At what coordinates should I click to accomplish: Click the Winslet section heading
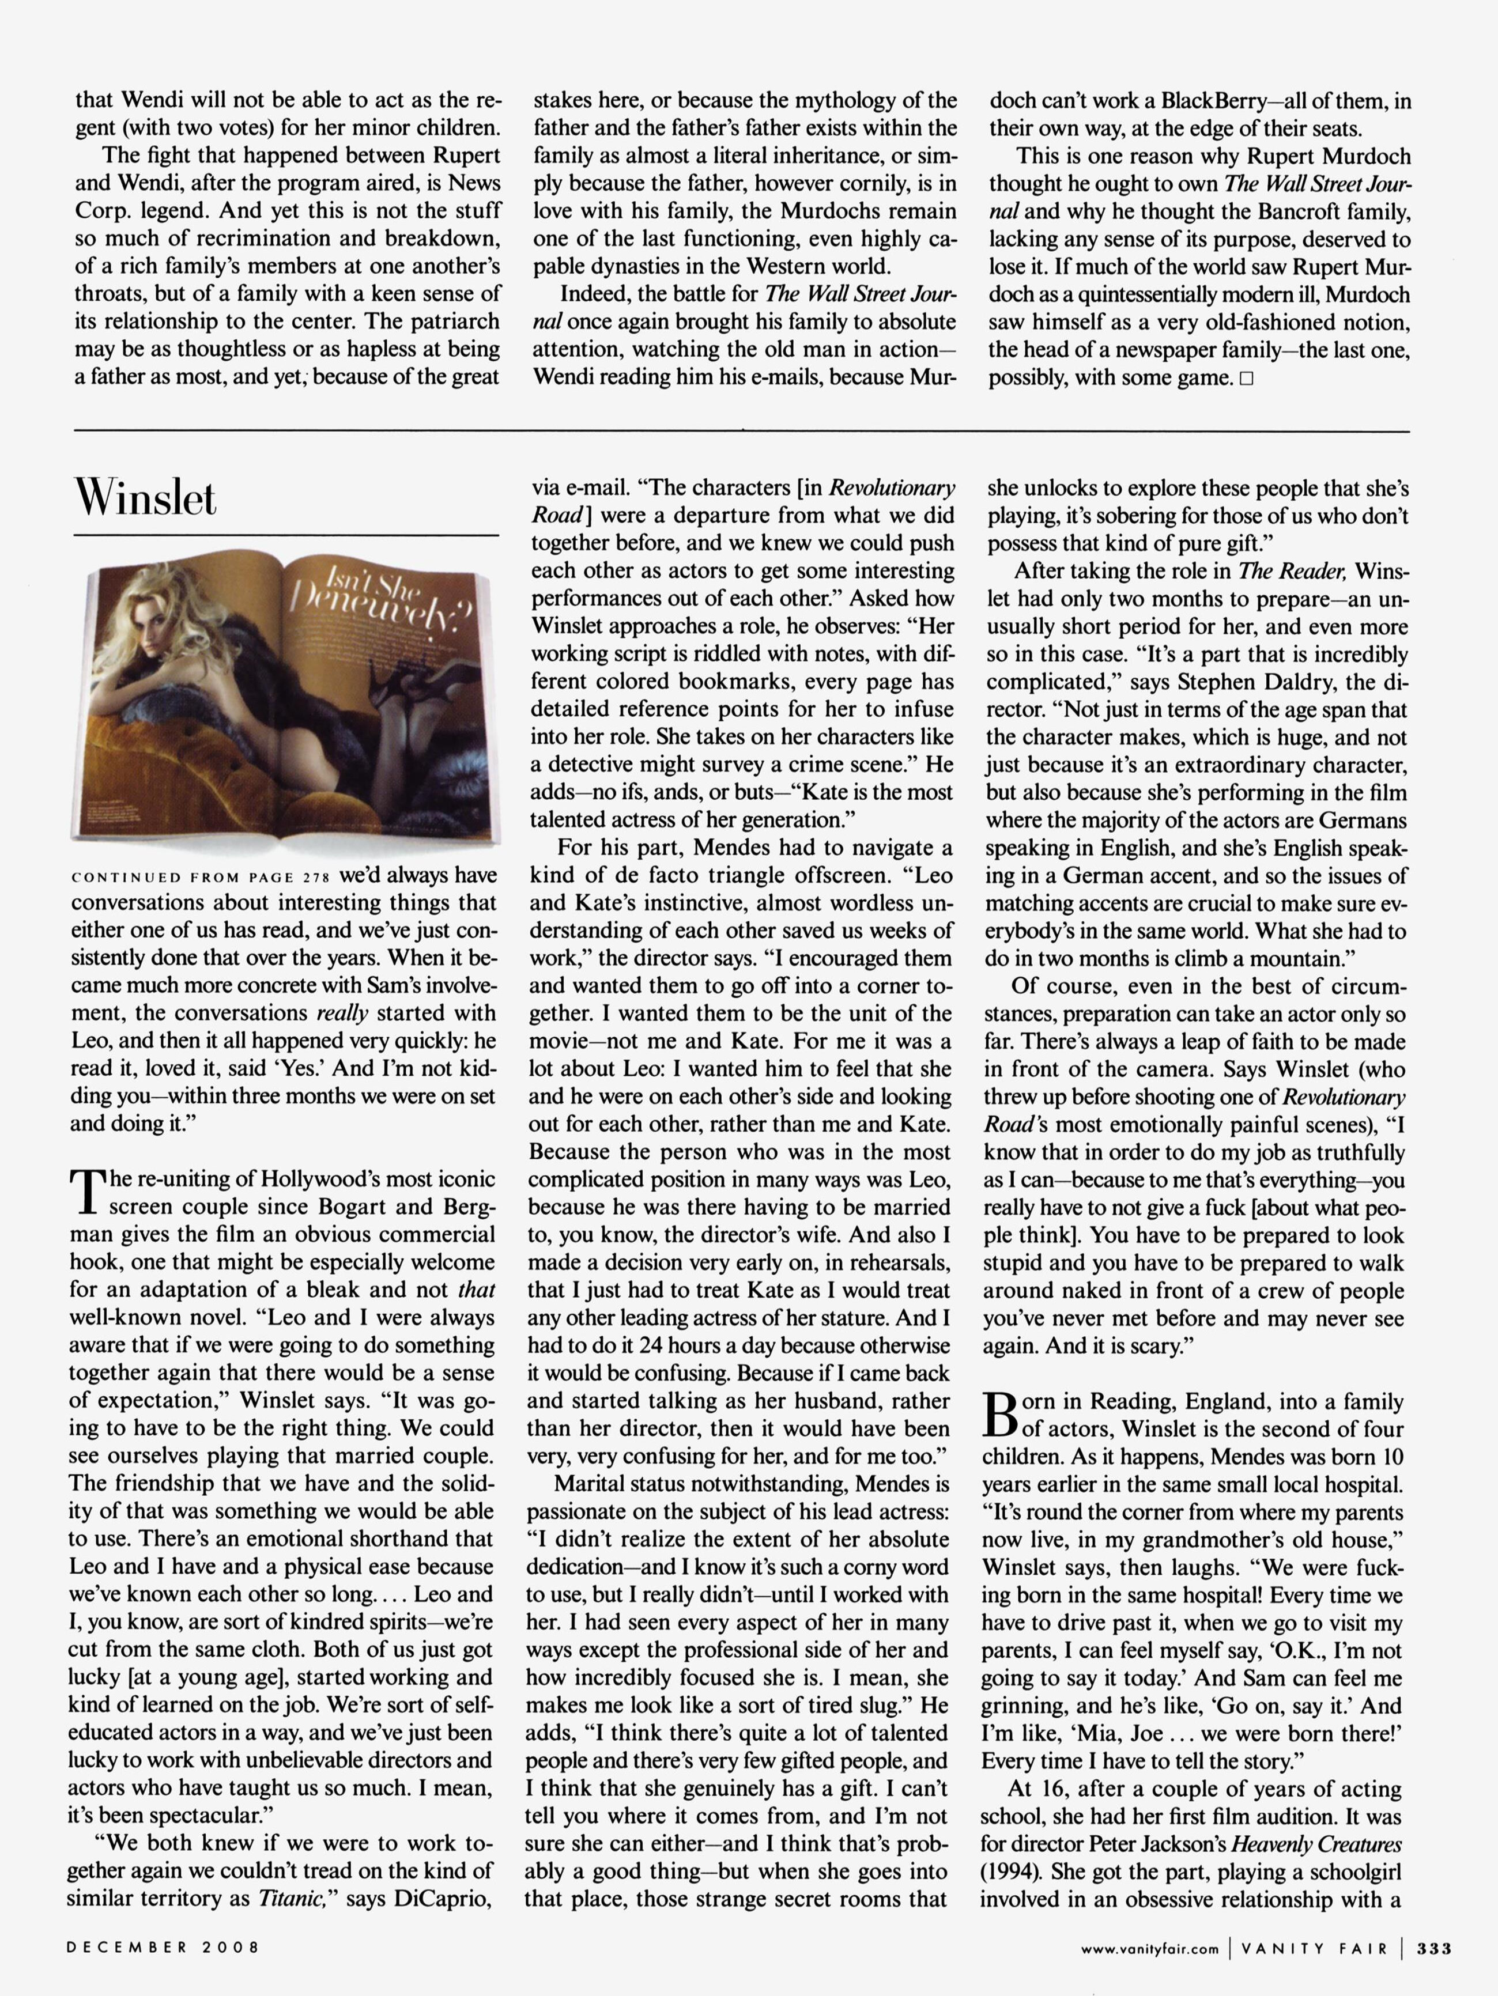coord(146,497)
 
